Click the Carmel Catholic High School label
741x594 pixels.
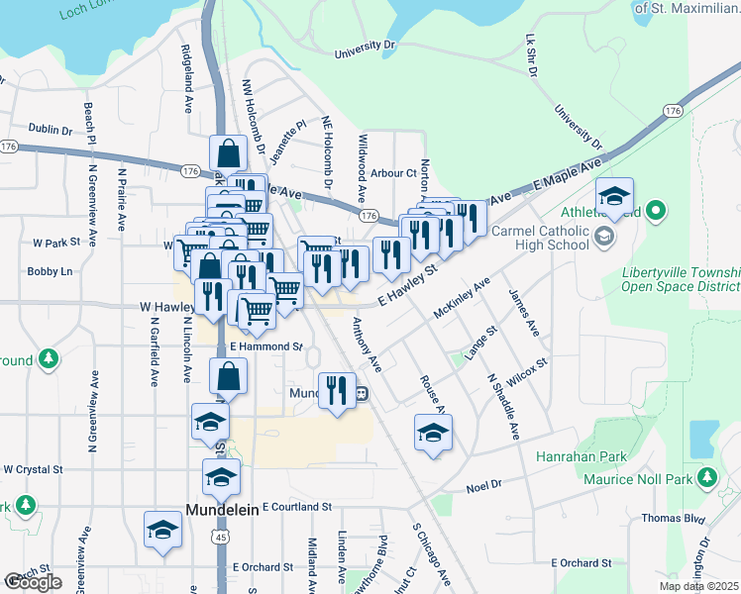point(540,239)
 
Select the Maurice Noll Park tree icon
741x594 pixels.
point(706,478)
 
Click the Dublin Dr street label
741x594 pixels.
point(51,130)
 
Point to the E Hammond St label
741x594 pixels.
point(265,346)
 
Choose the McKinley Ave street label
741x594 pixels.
point(462,297)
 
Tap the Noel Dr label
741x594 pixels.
point(484,487)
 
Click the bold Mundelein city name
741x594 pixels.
point(223,510)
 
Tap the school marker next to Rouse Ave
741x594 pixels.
point(433,433)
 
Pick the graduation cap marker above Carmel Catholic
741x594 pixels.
point(614,196)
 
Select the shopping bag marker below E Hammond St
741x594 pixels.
point(228,376)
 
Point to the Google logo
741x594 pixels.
point(33,581)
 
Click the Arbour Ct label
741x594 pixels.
point(395,173)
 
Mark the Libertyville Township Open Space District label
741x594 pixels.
point(681,280)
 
